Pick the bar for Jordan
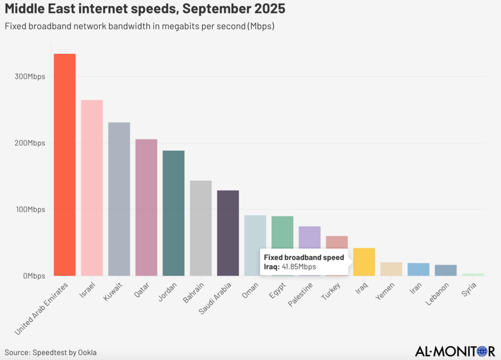click(x=173, y=213)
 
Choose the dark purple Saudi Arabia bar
click(x=228, y=233)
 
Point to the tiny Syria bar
click(x=473, y=274)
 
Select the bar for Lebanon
click(x=446, y=270)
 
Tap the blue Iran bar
click(x=419, y=269)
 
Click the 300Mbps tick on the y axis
click(x=30, y=77)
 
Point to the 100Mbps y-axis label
click(x=30, y=210)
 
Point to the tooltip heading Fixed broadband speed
click(x=303, y=257)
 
